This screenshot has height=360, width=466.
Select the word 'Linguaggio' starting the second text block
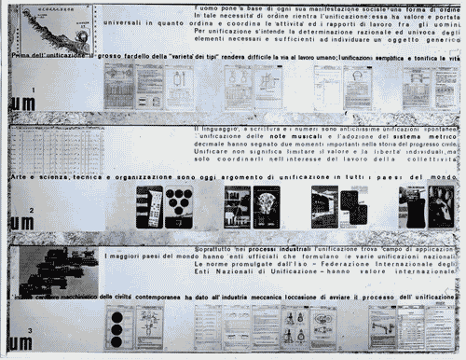(x=224, y=128)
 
